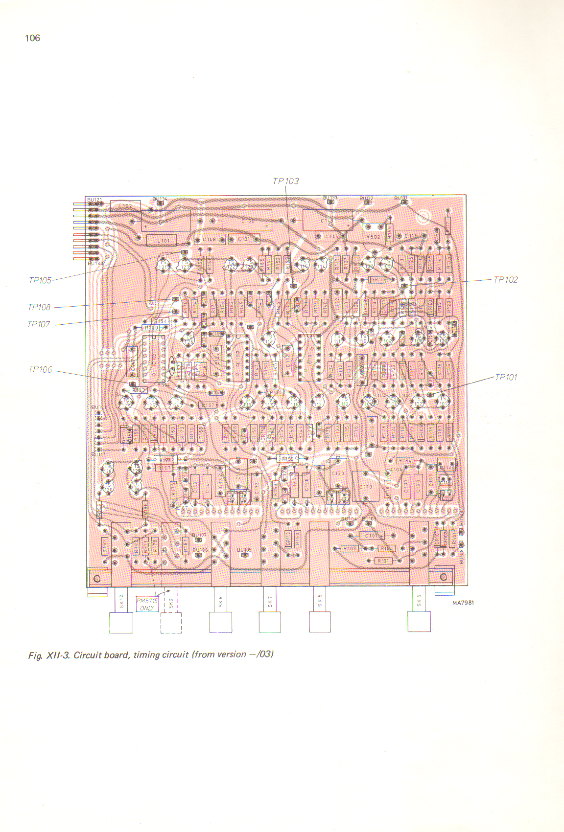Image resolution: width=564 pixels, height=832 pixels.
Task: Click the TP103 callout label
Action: point(286,181)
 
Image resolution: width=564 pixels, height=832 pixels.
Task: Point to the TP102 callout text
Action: point(505,280)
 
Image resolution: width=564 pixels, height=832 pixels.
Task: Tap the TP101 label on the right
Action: point(506,377)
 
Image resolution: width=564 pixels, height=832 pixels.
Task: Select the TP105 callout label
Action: point(40,280)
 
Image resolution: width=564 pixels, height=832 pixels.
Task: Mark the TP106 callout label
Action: point(40,369)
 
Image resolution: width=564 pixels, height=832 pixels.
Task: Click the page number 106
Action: point(32,38)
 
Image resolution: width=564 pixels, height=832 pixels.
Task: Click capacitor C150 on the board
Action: point(247,221)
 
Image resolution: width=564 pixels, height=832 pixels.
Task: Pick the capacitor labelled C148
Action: point(209,240)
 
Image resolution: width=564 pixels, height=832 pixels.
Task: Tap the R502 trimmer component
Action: point(373,237)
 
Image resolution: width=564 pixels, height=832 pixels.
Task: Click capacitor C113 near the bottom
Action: point(366,486)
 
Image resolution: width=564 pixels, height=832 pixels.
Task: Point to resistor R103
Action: point(349,548)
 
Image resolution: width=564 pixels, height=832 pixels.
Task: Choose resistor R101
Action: point(383,561)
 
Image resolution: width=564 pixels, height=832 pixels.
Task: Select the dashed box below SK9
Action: point(171,623)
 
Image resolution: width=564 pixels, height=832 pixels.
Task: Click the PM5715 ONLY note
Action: point(147,604)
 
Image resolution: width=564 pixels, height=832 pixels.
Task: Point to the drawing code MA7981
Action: point(463,603)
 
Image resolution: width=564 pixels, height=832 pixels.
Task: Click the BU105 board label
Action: point(244,550)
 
